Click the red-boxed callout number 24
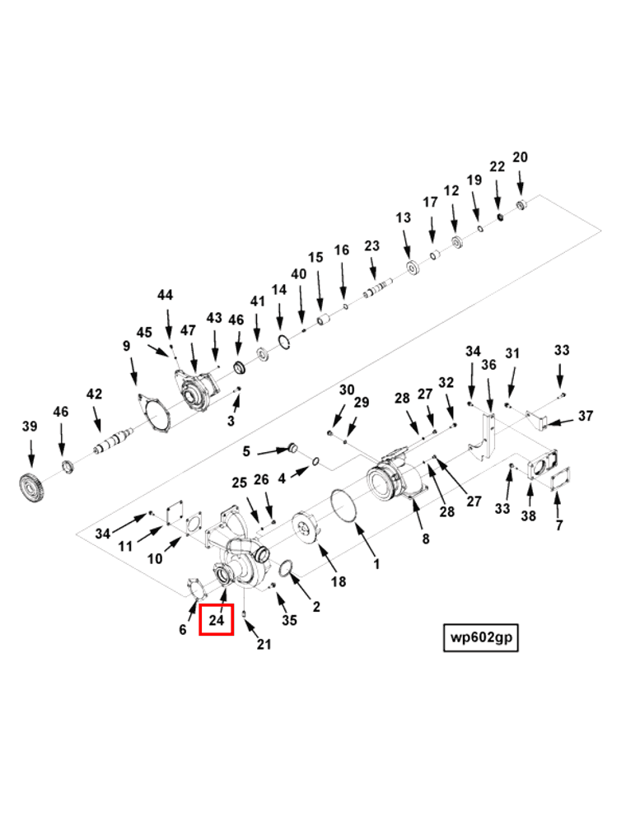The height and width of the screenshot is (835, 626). coord(217,619)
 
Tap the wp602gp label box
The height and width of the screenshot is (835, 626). coord(481,637)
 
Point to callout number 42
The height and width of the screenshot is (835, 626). coord(95,394)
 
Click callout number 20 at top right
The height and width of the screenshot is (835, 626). coord(520,157)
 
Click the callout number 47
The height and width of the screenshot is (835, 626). coord(189,330)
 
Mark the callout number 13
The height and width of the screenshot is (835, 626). coord(403,218)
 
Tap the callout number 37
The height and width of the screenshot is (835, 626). coord(586,416)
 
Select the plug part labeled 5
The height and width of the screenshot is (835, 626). coord(289,448)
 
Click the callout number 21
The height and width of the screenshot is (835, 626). coord(264,645)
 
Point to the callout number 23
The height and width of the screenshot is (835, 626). coord(371,245)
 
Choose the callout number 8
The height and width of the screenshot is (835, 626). coord(425,539)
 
